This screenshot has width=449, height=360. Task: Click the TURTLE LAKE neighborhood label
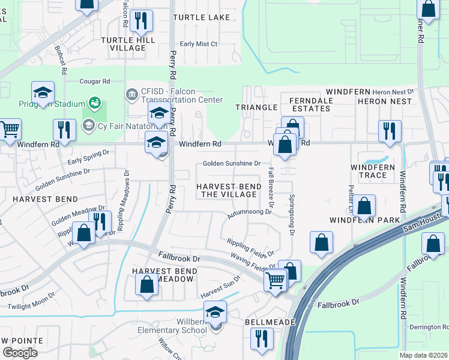[x=202, y=17]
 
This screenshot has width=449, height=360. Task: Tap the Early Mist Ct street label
[x=199, y=44]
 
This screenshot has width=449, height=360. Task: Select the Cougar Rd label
[x=95, y=81]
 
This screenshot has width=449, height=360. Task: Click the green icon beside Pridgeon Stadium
[x=94, y=104]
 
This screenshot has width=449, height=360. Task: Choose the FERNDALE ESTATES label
[x=310, y=104]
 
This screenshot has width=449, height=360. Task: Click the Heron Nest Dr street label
[x=393, y=91]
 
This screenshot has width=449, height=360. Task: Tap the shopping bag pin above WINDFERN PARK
[x=364, y=207]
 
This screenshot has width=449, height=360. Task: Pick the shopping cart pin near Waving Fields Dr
[x=276, y=279]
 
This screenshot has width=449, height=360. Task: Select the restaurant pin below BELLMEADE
[x=262, y=340]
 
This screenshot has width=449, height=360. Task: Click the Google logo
[x=20, y=352]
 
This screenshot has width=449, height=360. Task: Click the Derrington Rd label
[x=429, y=327]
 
